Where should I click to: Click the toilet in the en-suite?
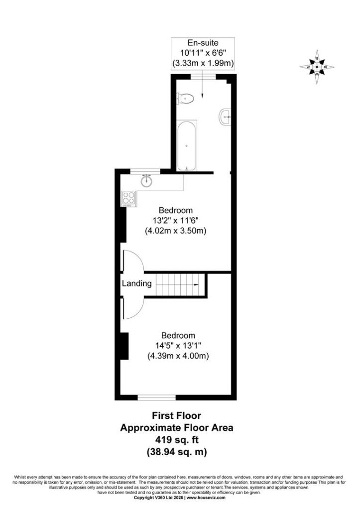coord(185,98)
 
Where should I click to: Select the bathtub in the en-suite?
coord(186,145)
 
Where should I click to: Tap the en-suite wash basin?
coord(225,117)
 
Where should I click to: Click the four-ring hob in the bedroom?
coord(129,199)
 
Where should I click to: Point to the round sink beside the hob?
coord(147,180)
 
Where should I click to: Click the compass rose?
coord(317,67)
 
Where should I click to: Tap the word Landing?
coord(136,283)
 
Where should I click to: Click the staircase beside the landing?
coord(177,284)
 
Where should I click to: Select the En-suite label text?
coord(203,43)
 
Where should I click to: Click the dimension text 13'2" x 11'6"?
coord(176,221)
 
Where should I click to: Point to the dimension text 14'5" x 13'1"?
coord(178,346)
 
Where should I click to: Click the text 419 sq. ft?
coord(177,440)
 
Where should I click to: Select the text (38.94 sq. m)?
coord(177,452)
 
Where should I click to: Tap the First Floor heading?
coord(177,415)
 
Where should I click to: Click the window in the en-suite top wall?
coord(203,77)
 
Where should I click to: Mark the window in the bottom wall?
coord(157,397)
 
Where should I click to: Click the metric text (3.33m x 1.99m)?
coord(203,63)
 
